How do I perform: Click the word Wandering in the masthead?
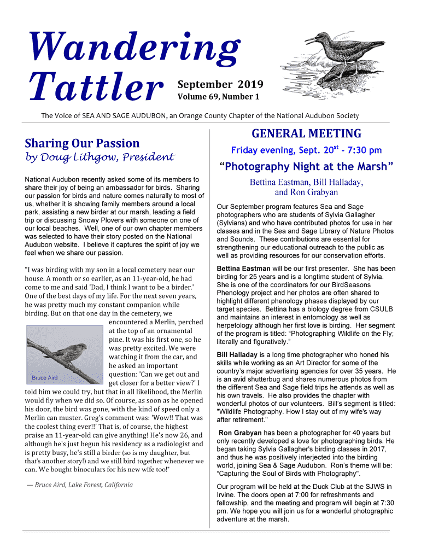[135, 48]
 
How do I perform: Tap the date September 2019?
[220, 85]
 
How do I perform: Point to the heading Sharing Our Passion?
[83, 143]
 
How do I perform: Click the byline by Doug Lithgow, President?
[100, 157]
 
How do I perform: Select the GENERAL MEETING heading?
[306, 133]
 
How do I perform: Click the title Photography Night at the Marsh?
[306, 167]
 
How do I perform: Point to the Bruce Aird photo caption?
[44, 378]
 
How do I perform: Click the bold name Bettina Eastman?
[243, 269]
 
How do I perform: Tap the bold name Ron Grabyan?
[241, 433]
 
